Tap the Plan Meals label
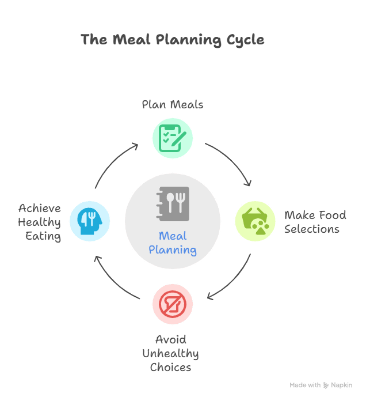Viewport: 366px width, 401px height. tap(173, 105)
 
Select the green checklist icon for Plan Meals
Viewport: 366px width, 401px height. tap(173, 138)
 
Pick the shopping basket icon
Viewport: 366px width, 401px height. tap(255, 221)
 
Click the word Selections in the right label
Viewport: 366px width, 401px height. tap(311, 229)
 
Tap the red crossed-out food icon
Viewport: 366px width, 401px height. tap(173, 304)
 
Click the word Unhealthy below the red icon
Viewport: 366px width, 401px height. tap(170, 353)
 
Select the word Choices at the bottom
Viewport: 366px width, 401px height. tap(170, 367)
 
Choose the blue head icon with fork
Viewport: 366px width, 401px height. tap(90, 221)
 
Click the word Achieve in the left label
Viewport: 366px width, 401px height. tap(40, 208)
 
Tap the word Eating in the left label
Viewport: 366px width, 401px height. tap(43, 236)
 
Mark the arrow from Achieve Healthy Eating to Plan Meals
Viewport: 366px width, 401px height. tap(112, 162)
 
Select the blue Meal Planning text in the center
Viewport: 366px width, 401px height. tap(173, 243)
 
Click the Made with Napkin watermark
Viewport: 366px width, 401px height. tap(321, 385)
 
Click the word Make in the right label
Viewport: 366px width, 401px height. tap(299, 215)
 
